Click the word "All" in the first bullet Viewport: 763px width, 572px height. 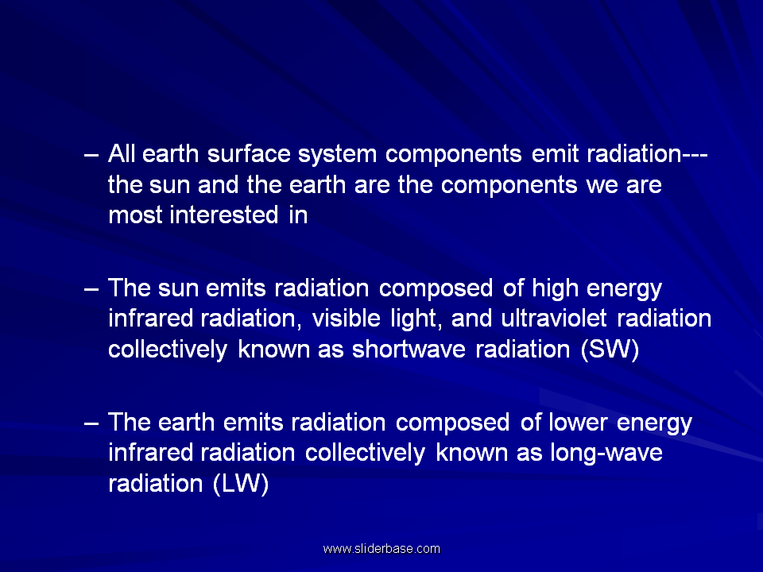coord(121,153)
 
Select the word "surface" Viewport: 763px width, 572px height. coord(249,153)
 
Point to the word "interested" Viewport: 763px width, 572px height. coord(224,215)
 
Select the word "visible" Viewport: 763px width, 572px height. coord(346,319)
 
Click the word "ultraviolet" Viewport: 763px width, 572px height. coord(554,319)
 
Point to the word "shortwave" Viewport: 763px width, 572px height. coord(409,350)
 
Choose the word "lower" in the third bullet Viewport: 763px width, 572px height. coord(578,422)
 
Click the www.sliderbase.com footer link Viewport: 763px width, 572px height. coord(381,549)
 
